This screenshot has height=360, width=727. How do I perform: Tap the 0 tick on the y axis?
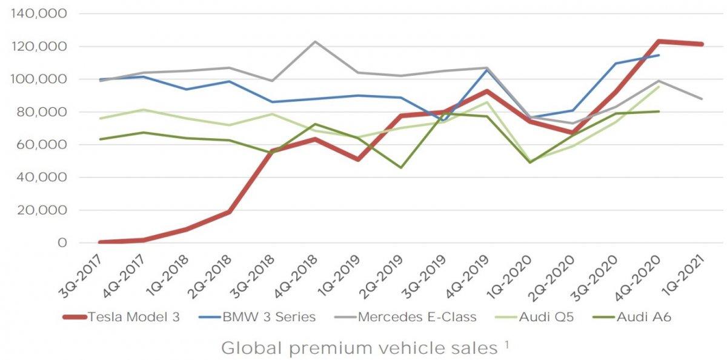(x=62, y=243)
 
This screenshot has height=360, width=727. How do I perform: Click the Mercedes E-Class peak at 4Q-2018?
(x=315, y=41)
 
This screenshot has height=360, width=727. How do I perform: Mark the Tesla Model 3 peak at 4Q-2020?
(x=659, y=41)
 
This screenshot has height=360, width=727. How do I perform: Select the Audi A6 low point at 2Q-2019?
(x=401, y=167)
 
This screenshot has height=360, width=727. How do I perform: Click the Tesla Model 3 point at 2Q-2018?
(x=229, y=212)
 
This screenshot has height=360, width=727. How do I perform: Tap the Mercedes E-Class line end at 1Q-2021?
(x=702, y=99)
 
